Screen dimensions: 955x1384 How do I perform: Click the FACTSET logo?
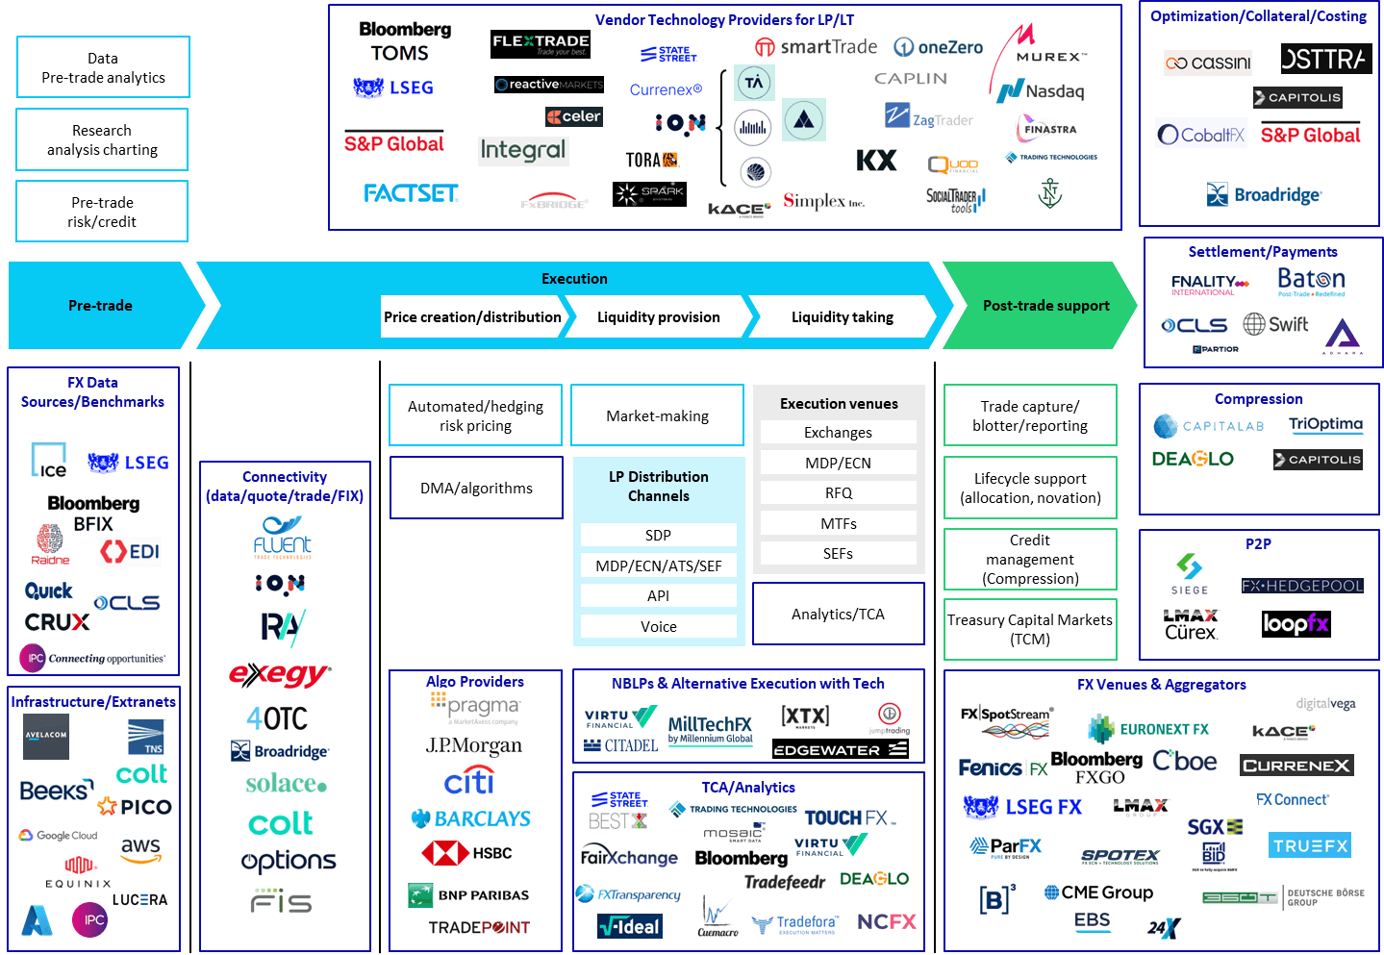[411, 193]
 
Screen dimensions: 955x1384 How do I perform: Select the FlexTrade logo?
[540, 44]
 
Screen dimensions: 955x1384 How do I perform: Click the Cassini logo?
[1208, 63]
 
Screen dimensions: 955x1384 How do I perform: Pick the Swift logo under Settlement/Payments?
[1275, 324]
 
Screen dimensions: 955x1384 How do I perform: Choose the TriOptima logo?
[1325, 424]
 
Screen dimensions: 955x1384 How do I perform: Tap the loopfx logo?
[1295, 623]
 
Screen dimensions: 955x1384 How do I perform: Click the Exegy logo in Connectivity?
[279, 674]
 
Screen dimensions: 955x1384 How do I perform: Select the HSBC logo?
[467, 853]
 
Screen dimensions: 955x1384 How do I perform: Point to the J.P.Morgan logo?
[474, 745]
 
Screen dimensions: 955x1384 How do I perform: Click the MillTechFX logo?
[710, 729]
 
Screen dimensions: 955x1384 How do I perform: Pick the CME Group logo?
[1098, 892]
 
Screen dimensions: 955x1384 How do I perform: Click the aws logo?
[140, 847]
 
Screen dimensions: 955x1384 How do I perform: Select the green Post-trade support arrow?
[1039, 305]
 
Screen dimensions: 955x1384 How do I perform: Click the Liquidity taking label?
[842, 316]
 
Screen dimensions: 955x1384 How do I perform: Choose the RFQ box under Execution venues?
[838, 493]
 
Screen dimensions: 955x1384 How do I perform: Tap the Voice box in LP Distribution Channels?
[658, 627]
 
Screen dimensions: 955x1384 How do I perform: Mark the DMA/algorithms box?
[476, 488]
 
